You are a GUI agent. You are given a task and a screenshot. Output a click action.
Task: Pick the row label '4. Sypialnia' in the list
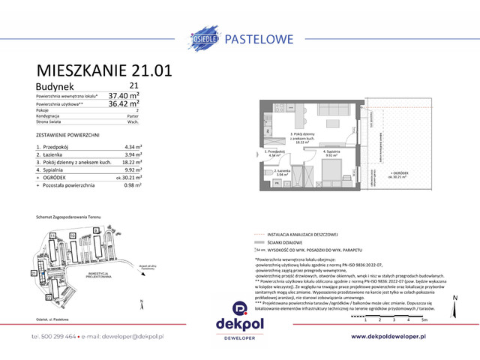click(x=55, y=169)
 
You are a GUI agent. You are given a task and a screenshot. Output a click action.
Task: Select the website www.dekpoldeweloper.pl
click(x=399, y=337)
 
